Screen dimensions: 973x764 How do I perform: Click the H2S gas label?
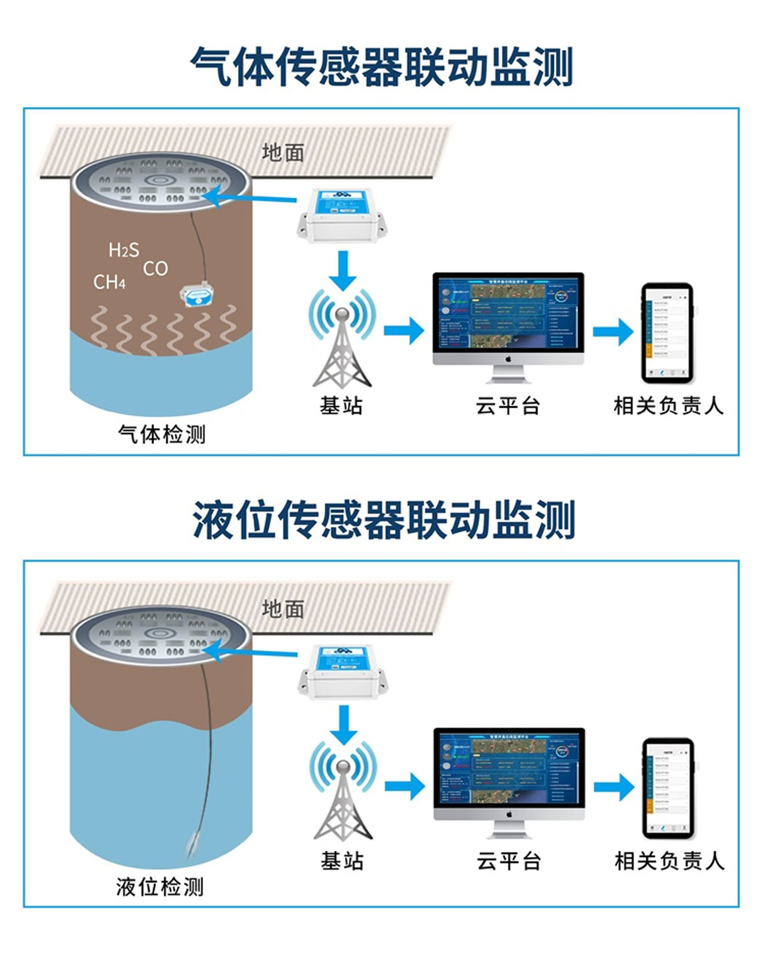point(124,250)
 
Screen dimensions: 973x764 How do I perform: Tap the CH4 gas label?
point(110,281)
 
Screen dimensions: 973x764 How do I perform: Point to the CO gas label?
point(155,269)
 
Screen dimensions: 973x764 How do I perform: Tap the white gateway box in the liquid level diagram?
point(343,671)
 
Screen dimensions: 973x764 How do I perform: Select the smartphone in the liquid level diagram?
point(667,788)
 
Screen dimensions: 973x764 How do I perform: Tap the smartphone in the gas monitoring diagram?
point(667,332)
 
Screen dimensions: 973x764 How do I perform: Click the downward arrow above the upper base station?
point(343,270)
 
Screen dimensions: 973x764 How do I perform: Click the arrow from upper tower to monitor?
point(404,330)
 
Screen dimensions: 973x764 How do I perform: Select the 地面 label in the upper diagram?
point(283,152)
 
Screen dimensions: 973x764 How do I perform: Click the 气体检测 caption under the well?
point(162,434)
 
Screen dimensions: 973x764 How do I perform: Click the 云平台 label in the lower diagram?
point(508,861)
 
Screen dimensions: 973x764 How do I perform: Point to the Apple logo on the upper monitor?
point(508,359)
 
